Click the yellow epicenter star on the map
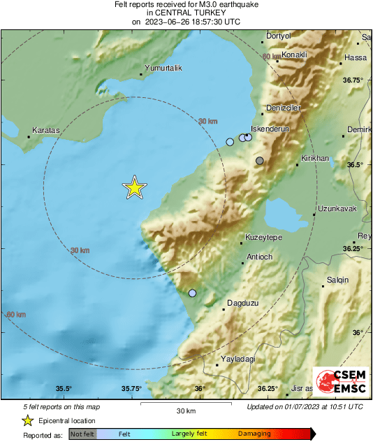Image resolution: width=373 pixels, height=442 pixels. point(134,187)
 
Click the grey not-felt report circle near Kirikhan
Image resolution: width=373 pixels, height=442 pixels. point(260,162)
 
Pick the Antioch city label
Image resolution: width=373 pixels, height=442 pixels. point(259,257)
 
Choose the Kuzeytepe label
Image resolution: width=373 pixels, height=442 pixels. point(263,238)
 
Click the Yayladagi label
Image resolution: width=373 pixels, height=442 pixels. point(237,359)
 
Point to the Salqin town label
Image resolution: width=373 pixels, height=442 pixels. point(337,280)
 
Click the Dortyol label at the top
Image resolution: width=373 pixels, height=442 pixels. point(279,36)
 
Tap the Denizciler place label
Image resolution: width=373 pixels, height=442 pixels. point(284,108)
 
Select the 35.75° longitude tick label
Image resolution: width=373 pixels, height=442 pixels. point(131,389)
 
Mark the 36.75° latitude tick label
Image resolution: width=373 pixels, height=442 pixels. point(353,80)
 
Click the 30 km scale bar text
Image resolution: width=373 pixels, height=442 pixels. point(185,410)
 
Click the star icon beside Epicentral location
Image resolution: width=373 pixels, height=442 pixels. point(27,420)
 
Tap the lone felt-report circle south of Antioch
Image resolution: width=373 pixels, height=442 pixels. point(193,293)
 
